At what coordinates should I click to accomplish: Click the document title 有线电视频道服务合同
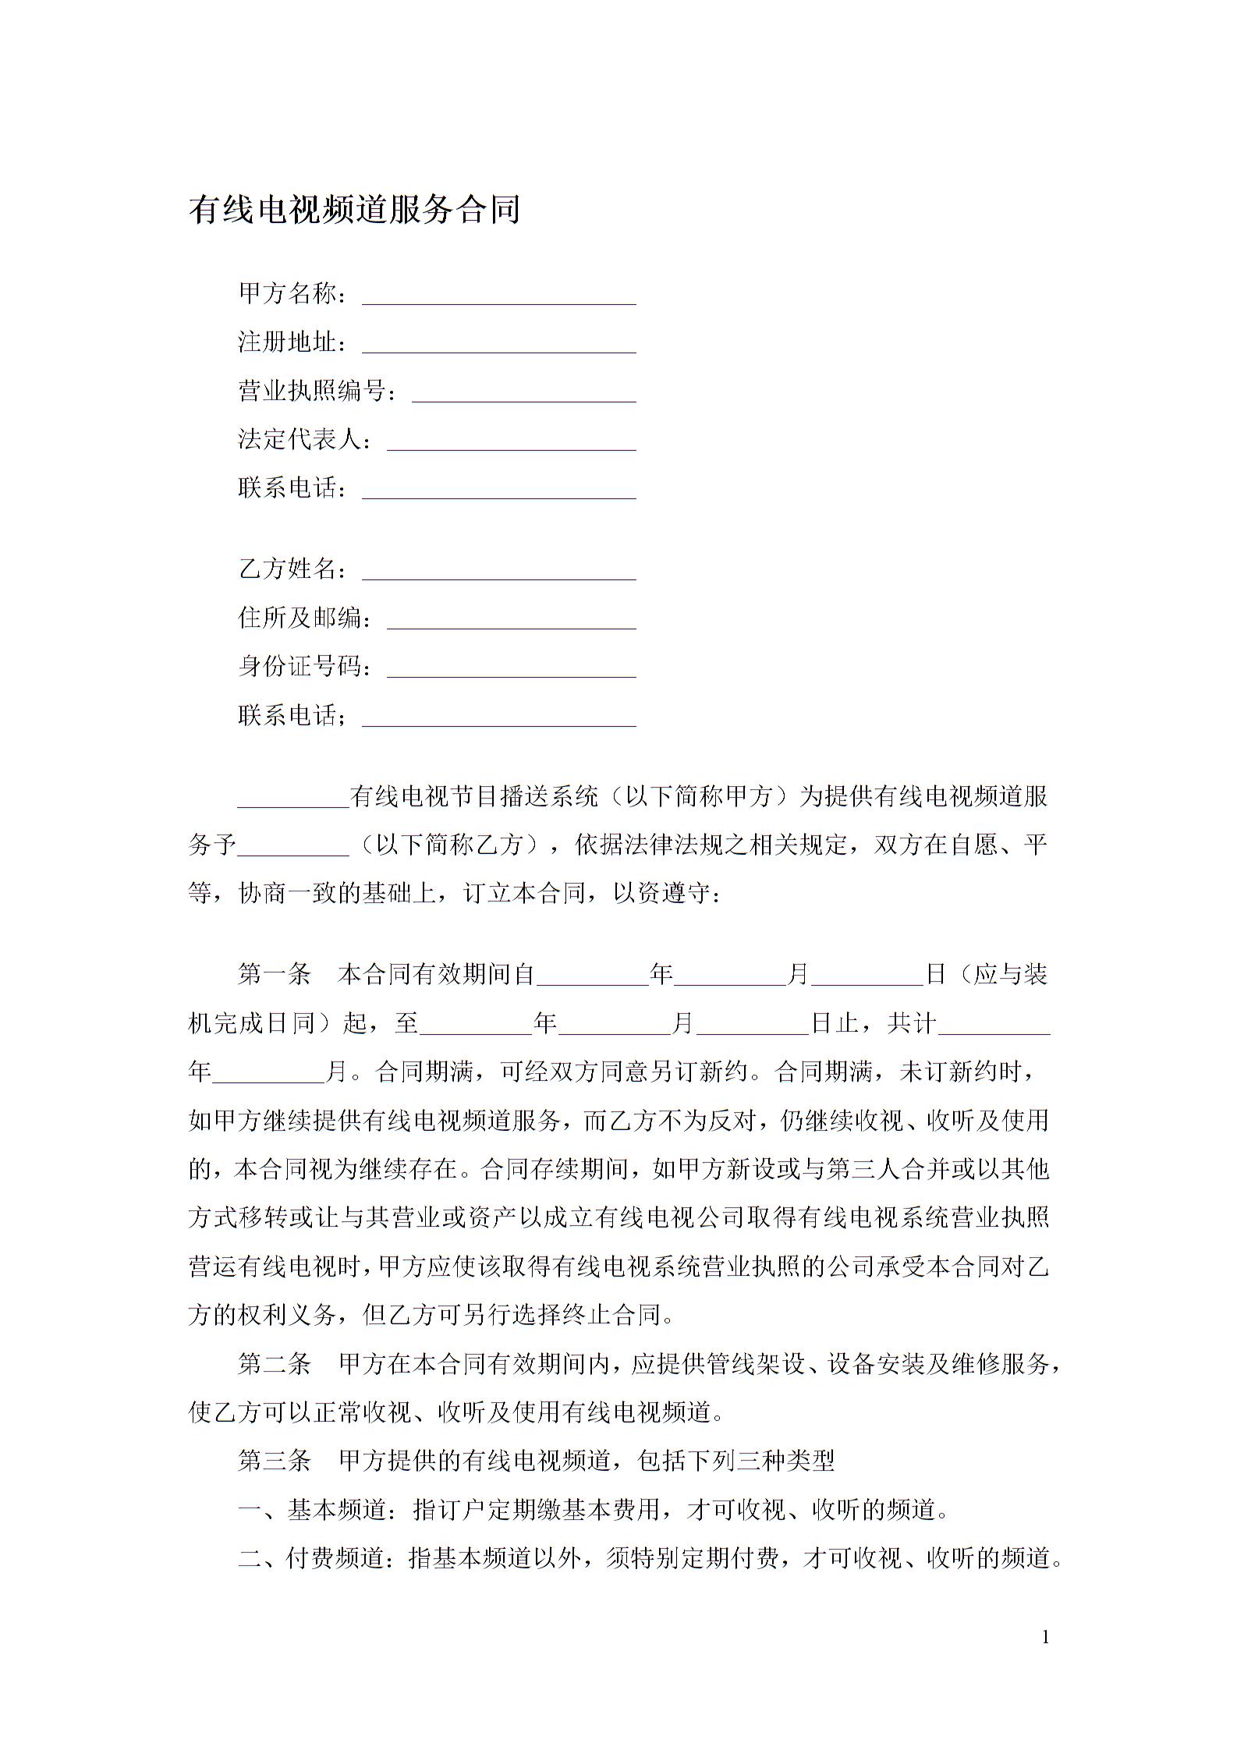pyautogui.click(x=354, y=210)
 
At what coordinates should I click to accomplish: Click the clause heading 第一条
pyautogui.click(x=275, y=975)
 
